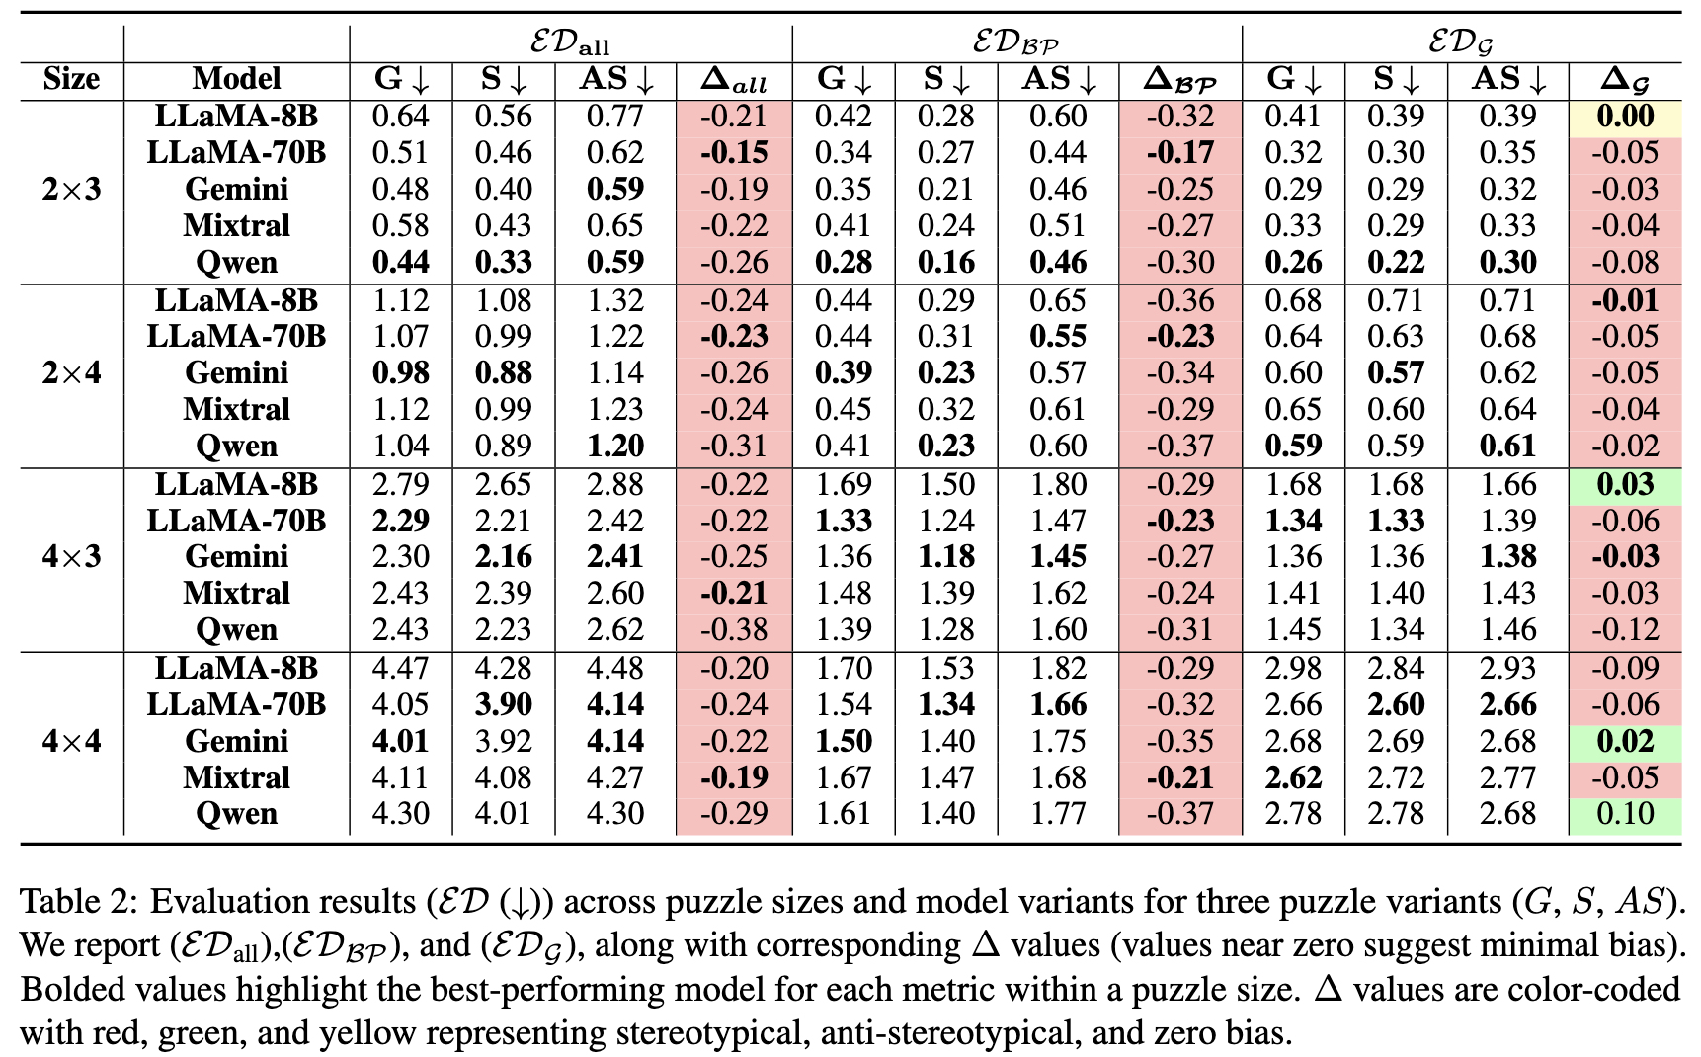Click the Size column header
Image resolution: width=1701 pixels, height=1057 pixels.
(x=71, y=79)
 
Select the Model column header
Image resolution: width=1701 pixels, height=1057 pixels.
(x=236, y=79)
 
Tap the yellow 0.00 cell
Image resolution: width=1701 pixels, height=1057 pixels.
(x=1625, y=117)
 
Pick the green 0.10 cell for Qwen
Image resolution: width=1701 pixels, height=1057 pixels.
(x=1625, y=814)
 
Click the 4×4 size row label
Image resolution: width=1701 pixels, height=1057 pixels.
(x=71, y=741)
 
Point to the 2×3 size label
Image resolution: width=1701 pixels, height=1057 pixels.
(x=71, y=189)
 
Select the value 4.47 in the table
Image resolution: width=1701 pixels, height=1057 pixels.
(x=400, y=669)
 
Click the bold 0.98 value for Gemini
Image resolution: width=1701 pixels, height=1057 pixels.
(x=400, y=373)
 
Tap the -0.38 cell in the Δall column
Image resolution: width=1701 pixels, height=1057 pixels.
(x=733, y=630)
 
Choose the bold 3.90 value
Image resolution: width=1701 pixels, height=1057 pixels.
(x=503, y=705)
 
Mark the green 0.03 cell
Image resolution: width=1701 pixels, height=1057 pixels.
(x=1625, y=485)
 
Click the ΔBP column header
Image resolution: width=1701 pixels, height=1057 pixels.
(x=1179, y=80)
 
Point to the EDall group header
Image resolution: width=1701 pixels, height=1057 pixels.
(x=570, y=42)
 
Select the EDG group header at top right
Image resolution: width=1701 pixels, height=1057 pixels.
(x=1461, y=42)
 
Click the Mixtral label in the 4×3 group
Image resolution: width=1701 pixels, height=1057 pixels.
(x=236, y=594)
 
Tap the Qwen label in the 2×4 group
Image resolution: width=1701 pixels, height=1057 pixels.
(x=236, y=447)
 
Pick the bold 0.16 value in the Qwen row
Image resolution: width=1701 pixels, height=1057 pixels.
(x=945, y=263)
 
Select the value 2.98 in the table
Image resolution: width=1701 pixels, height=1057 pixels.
(x=1293, y=669)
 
